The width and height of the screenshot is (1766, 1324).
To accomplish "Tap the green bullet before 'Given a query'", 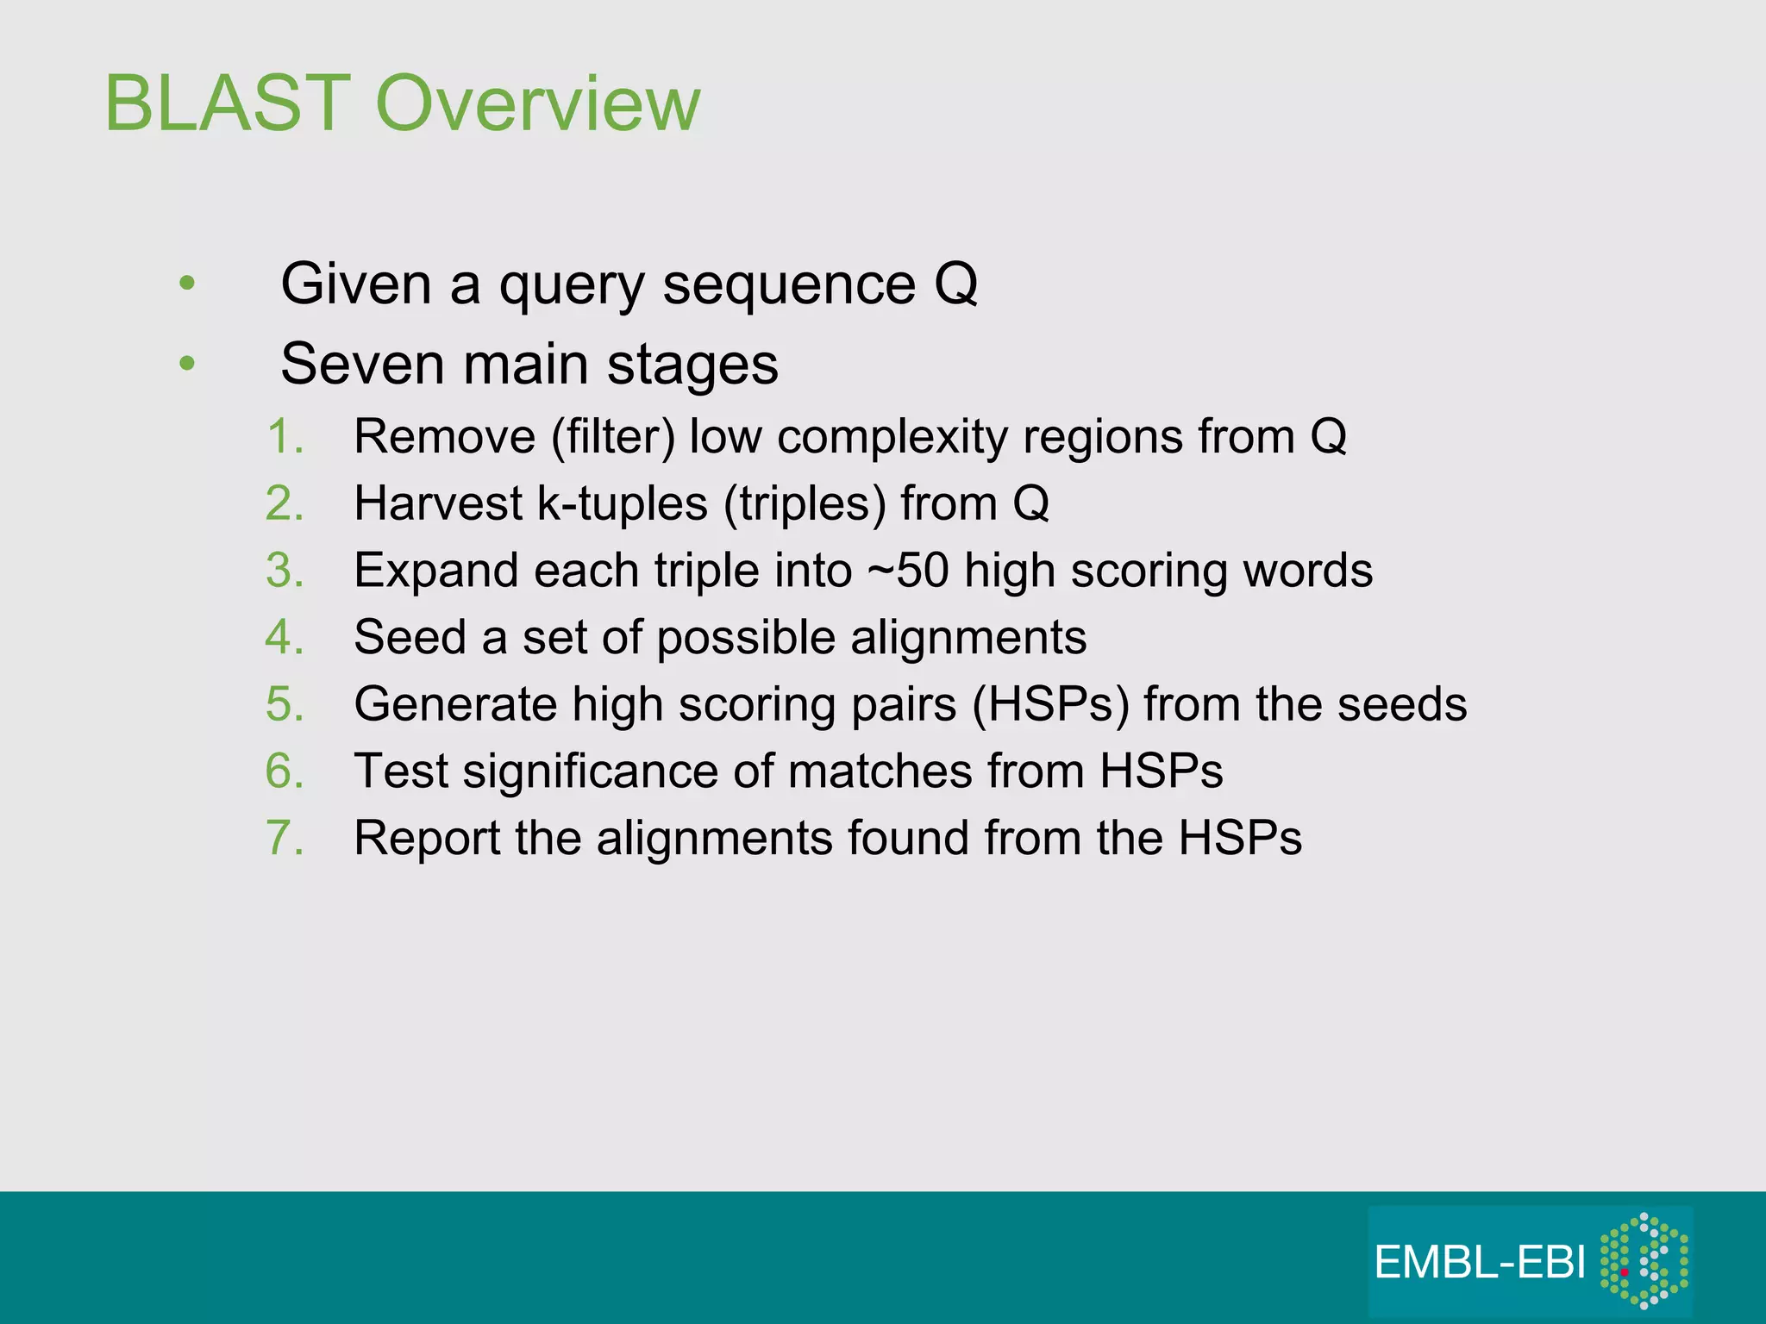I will (x=187, y=284).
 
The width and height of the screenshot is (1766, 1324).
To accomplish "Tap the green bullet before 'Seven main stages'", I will (x=187, y=364).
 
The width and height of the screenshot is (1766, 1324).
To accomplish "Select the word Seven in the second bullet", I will (x=362, y=364).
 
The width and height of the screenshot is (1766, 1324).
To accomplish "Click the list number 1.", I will (x=285, y=436).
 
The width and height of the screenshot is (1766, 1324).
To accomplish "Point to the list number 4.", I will (x=285, y=637).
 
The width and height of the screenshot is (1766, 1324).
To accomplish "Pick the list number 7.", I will (x=285, y=838).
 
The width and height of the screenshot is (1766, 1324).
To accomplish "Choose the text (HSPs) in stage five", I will (x=1050, y=704).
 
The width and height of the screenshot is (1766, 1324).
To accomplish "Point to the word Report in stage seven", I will (x=427, y=838).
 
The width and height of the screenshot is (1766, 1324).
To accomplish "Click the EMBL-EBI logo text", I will (x=1480, y=1263).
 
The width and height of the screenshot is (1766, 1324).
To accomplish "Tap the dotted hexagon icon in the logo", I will (x=1644, y=1261).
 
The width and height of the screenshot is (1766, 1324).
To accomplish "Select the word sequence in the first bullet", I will (x=788, y=284).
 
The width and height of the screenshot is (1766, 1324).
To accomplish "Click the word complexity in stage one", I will (x=892, y=436).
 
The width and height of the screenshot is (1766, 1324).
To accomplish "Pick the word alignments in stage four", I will (x=968, y=637).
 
